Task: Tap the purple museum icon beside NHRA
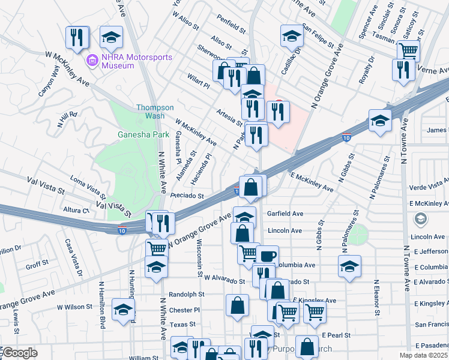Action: coord(92,61)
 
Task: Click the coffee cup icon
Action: coord(268,256)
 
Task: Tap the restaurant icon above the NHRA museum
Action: coord(77,37)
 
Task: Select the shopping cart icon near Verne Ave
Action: coord(408,51)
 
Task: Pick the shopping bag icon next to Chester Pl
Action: coord(238,305)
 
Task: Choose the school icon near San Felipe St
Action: coord(292,37)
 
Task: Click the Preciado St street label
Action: coord(187,196)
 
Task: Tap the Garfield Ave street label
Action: coord(285,213)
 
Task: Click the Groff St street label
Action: coord(37,265)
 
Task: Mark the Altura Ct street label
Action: coord(76,211)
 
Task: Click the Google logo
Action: coord(20,353)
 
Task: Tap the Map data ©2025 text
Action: coord(423,355)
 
